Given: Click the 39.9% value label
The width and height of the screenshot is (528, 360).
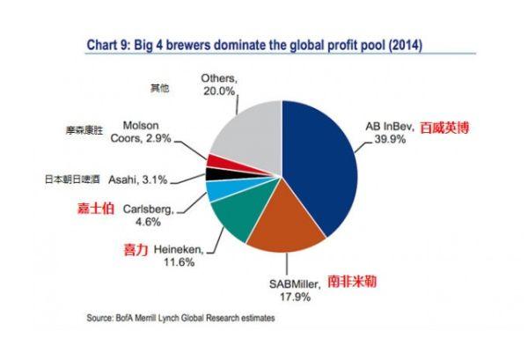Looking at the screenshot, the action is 390,139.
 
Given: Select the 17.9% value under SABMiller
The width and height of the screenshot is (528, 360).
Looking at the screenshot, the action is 295,297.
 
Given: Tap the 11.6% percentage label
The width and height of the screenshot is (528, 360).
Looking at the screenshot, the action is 180,262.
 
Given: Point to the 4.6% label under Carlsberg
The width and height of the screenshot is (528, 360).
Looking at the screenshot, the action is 148,222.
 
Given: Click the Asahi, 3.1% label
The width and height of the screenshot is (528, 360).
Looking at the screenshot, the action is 138,180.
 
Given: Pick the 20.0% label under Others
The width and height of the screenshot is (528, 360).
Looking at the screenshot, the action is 219,91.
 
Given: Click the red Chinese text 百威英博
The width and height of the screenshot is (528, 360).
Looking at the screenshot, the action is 444,128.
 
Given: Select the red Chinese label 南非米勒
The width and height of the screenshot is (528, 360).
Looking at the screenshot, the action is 352,281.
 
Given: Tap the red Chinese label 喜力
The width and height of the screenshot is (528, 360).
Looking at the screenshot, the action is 136,250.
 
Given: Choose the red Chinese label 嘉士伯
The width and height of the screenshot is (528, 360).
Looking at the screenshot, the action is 96,209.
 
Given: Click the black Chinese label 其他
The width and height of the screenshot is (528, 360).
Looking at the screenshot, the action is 159,88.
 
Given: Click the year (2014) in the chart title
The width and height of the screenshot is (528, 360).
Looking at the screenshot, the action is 406,45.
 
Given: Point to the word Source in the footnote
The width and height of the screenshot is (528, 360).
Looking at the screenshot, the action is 99,318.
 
